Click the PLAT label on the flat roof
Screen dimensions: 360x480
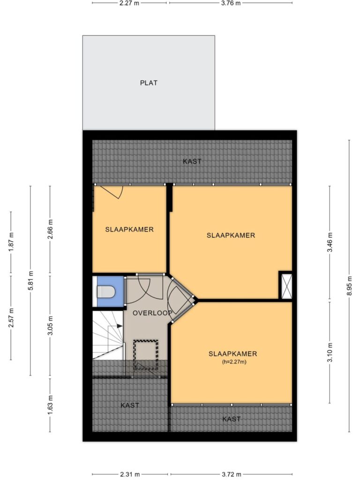149,82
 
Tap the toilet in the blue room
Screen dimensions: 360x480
106,292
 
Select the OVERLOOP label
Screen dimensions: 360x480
152,313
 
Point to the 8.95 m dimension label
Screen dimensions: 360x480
349,286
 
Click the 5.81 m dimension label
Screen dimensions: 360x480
30,281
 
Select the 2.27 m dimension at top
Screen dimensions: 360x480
130,3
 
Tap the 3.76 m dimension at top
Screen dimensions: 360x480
231,3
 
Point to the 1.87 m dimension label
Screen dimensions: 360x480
11,242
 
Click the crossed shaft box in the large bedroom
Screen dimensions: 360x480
287,286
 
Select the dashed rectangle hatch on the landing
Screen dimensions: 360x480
146,355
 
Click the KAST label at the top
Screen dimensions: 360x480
192,161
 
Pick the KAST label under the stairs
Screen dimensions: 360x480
130,405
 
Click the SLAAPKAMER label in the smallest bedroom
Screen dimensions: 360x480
129,229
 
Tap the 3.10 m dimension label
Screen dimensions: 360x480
330,352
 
